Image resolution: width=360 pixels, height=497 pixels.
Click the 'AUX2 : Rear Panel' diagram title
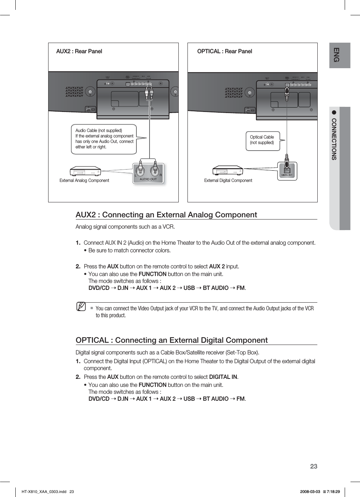pos(79,51)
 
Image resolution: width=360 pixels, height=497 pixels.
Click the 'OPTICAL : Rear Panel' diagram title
pos(225,51)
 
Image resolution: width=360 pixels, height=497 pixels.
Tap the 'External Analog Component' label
pos(84,180)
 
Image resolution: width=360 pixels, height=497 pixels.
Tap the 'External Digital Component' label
pos(228,180)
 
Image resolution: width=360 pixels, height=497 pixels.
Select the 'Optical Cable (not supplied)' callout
pos(262,140)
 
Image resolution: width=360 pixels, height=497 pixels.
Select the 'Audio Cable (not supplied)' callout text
pos(104,139)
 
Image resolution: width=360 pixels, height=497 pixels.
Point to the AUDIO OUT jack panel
pos(148,173)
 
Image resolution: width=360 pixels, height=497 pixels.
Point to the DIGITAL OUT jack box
pos(287,171)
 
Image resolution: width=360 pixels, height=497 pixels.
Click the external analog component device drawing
pos(85,171)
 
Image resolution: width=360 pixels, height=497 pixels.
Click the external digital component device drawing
pos(228,170)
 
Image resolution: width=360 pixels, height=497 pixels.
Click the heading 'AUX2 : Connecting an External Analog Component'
pos(166,215)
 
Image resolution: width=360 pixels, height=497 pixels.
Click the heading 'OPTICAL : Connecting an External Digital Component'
pos(171,340)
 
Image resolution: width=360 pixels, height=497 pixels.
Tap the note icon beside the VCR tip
pos(81,307)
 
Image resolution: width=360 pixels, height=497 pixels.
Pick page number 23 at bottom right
pos(314,466)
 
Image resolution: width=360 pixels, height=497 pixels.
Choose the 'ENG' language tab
pos(337,55)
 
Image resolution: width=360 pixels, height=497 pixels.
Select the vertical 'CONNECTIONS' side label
pos(334,139)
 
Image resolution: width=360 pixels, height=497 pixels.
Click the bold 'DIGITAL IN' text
pos(223,377)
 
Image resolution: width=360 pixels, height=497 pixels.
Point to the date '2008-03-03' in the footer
pos(310,492)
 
